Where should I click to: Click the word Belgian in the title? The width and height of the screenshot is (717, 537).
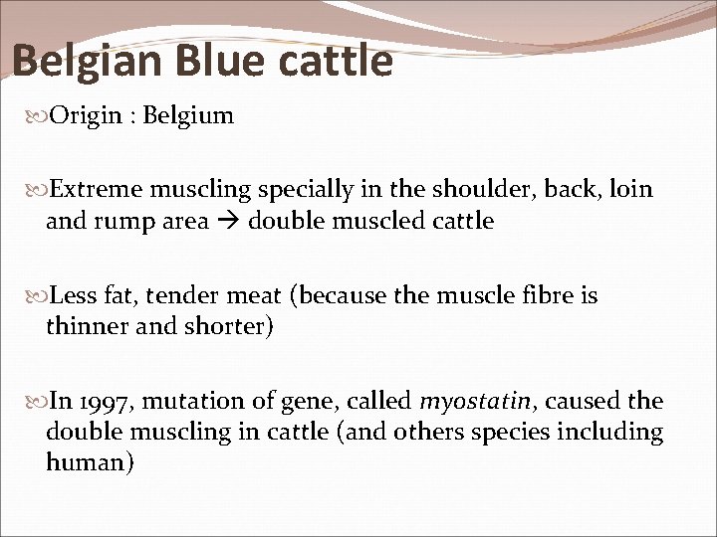click(x=88, y=61)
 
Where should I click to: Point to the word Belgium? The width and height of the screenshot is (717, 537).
click(x=188, y=116)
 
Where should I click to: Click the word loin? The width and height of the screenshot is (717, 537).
click(x=631, y=190)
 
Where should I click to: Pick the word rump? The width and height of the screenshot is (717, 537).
click(x=119, y=221)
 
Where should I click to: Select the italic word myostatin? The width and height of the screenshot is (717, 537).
click(x=462, y=403)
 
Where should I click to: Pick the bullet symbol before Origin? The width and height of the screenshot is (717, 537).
click(x=38, y=117)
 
